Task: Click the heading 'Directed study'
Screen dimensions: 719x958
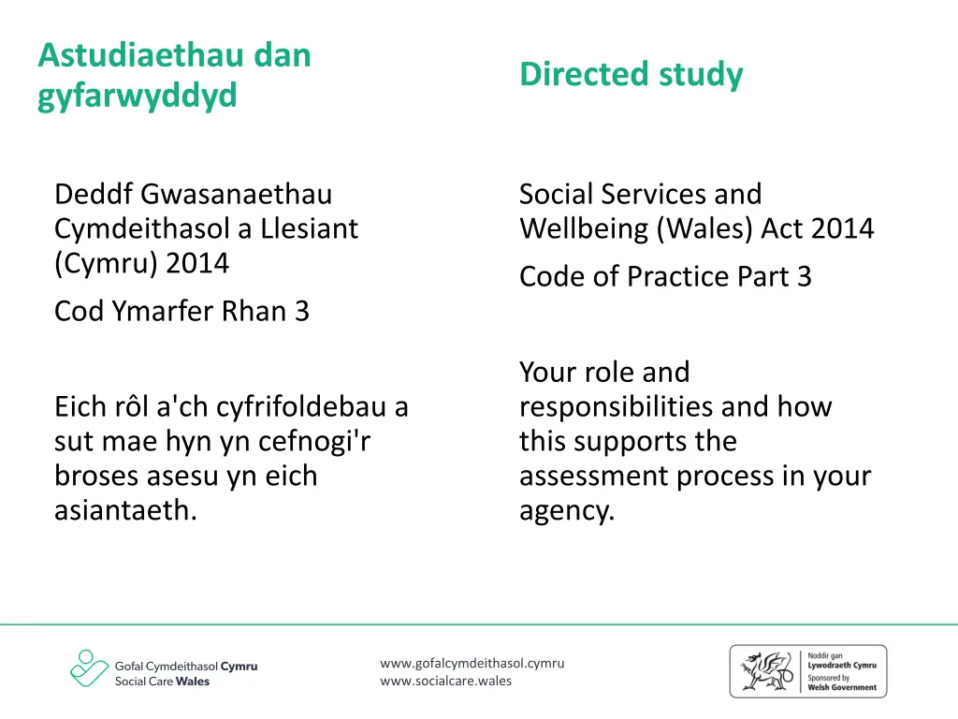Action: tap(631, 74)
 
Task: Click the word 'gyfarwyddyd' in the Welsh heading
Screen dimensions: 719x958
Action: tap(138, 95)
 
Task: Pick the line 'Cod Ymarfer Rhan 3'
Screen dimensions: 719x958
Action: tap(181, 311)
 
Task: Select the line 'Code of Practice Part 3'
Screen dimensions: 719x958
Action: tap(665, 276)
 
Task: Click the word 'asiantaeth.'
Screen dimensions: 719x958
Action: tap(125, 511)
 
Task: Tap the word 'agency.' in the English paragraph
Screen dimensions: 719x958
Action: tap(567, 511)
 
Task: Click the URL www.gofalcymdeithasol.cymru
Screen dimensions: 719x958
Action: tap(472, 664)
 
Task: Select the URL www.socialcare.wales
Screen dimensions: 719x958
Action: tap(446, 681)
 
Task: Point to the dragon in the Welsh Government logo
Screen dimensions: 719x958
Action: tap(766, 670)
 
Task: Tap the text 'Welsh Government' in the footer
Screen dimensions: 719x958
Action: tap(842, 687)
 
